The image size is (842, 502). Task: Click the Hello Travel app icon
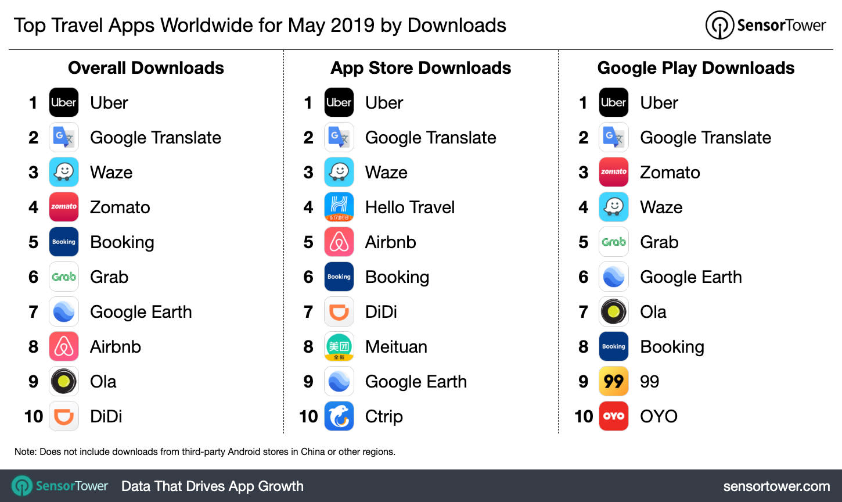coord(339,207)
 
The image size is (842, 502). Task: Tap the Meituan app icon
coord(339,347)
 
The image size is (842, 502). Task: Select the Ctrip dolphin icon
coord(339,417)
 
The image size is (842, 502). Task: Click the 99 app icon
coord(614,382)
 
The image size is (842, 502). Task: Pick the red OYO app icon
coord(614,417)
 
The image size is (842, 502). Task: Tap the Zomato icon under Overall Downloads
coord(64,207)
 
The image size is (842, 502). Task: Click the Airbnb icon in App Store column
coord(339,242)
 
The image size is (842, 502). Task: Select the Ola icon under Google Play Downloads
coord(614,312)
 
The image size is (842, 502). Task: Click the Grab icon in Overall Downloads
coord(64,277)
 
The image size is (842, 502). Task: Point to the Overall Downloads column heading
coord(146,68)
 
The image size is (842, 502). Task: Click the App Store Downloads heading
coord(421,68)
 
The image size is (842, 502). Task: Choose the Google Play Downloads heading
coord(696,68)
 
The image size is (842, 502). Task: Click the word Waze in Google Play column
coord(661,207)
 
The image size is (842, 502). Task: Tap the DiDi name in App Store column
coord(381,312)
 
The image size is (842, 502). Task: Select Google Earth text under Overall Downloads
coord(141,312)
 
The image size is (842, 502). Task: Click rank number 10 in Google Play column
coord(584,417)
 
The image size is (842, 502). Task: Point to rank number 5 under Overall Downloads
coord(34,242)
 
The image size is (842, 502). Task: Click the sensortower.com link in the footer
coord(776,486)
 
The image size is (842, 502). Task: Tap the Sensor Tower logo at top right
coord(765,26)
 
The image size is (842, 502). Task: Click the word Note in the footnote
coord(25,451)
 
